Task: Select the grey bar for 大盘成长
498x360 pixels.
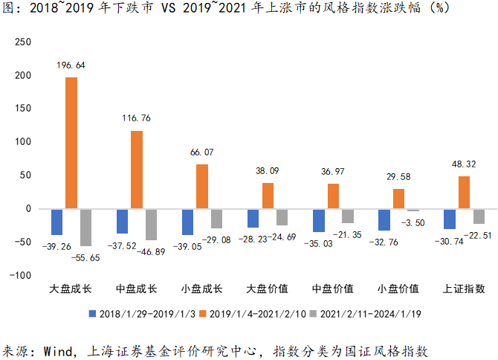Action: click(85, 227)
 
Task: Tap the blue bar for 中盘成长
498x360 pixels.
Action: click(123, 221)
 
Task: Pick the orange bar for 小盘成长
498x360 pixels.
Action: click(202, 186)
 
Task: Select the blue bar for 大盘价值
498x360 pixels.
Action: click(253, 218)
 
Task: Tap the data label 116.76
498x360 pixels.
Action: click(137, 118)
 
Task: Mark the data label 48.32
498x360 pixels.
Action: click(465, 164)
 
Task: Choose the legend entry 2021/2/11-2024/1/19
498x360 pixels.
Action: click(374, 314)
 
